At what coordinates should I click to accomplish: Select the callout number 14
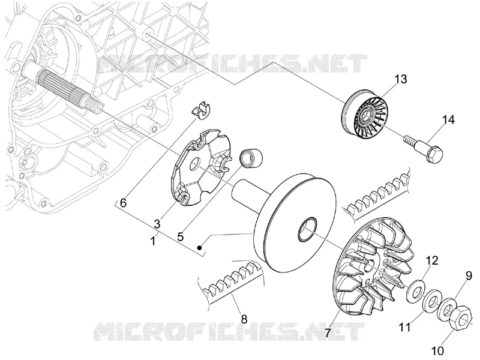pos(448,119)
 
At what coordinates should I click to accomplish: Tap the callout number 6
pos(123,203)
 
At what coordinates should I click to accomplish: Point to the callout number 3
pos(157,224)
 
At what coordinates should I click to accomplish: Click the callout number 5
pos(181,236)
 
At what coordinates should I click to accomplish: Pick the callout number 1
pos(152,242)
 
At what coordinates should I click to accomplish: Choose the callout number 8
pos(244,319)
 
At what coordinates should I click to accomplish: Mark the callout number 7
pos(328,333)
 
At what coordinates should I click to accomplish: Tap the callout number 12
pos(432,260)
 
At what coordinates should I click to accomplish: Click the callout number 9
pos(469,276)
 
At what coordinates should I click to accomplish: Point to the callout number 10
pos(437,350)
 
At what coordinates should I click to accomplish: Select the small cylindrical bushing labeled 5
pos(251,158)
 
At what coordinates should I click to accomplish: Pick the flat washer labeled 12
pos(416,289)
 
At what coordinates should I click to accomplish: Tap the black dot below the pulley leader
pos(199,247)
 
